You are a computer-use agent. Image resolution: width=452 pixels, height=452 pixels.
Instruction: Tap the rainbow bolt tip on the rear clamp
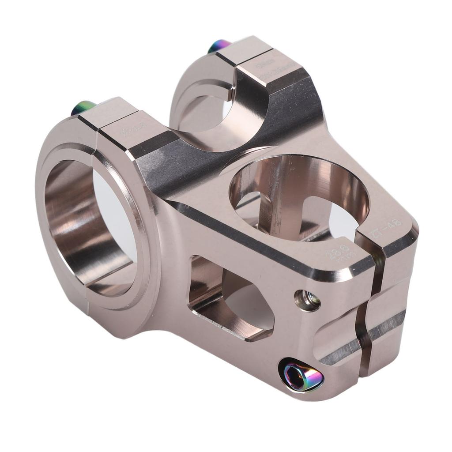tap(219, 45)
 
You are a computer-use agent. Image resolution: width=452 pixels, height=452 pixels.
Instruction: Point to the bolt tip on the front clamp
tap(83, 107)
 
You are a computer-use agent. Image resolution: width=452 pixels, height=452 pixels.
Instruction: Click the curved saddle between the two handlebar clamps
tap(207, 146)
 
